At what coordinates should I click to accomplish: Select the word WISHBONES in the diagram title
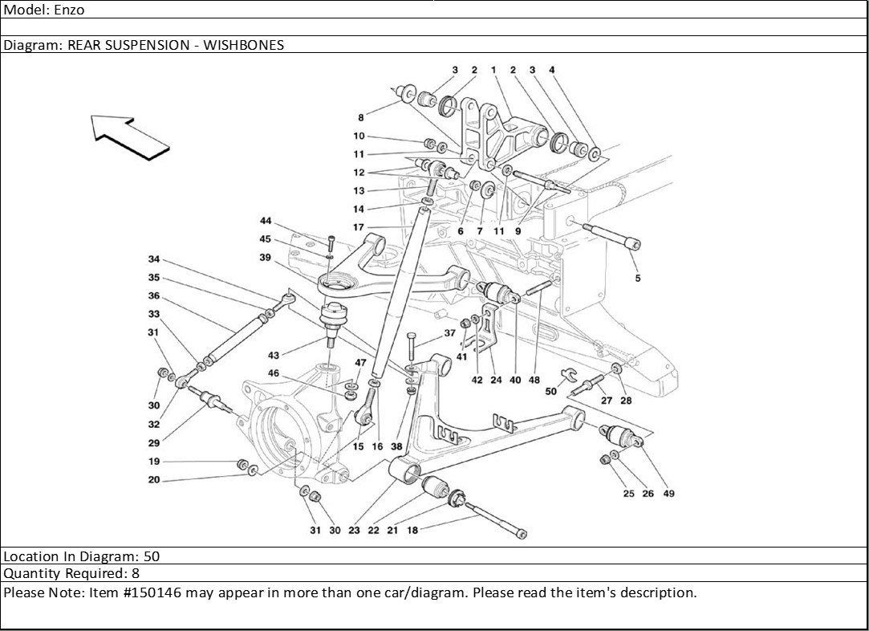click(243, 45)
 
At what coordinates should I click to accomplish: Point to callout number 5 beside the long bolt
click(638, 279)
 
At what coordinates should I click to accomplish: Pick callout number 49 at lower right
click(668, 494)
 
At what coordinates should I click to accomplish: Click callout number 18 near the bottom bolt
click(412, 530)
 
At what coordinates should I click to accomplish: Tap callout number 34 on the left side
click(154, 259)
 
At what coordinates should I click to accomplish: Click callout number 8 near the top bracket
click(361, 117)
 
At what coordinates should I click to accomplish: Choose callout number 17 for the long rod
click(358, 228)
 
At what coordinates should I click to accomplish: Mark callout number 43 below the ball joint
click(274, 356)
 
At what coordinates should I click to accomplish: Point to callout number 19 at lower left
click(154, 462)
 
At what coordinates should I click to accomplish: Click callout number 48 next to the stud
click(534, 381)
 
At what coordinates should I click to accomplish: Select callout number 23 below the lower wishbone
click(353, 530)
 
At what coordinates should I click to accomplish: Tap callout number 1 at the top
click(494, 71)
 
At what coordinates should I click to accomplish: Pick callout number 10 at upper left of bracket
click(359, 136)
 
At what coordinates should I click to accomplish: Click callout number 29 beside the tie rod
click(154, 442)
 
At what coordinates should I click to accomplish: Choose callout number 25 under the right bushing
click(628, 494)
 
